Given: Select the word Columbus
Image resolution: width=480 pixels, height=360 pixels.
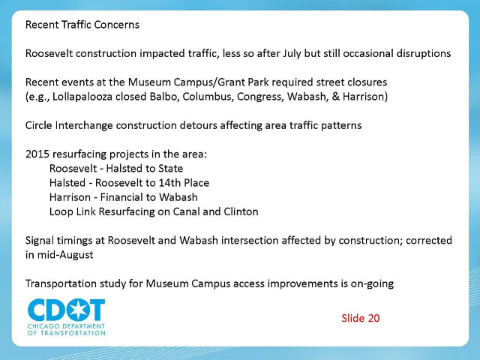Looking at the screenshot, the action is (208, 97).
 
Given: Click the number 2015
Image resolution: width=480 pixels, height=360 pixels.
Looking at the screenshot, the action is (37, 154).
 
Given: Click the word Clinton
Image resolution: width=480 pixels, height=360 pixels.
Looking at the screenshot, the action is (241, 211).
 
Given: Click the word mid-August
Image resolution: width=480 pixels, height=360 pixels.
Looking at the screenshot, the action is (65, 255).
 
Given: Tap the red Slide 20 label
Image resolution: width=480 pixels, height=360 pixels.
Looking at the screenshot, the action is (361, 318).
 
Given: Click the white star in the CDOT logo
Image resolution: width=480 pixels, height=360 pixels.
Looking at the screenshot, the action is (78, 310).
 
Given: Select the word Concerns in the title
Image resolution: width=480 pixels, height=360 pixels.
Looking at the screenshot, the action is (117, 25).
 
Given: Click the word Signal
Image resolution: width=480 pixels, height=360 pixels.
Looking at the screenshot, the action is (39, 241).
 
